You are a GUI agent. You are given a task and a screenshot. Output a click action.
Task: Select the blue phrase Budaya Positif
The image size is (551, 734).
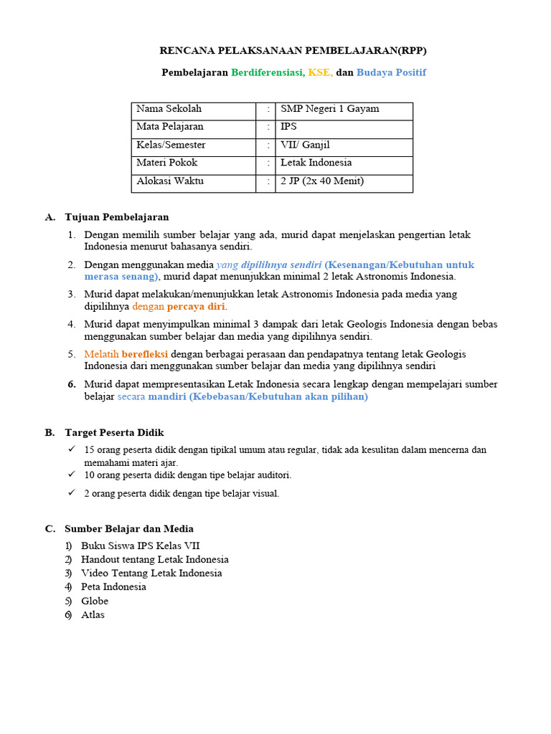point(391,72)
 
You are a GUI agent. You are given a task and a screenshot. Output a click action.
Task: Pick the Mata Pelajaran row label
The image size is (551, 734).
point(170,127)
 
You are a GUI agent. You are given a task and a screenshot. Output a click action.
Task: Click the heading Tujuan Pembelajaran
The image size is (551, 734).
point(117,216)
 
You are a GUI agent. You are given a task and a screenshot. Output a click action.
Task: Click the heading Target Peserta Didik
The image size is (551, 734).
point(114,432)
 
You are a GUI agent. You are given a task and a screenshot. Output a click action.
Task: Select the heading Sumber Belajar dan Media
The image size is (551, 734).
point(129,529)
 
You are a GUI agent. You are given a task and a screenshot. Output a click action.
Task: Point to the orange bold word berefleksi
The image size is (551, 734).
point(144,354)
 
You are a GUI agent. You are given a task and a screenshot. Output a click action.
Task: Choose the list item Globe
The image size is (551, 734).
point(95,601)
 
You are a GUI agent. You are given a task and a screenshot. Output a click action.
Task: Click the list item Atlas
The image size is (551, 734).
point(93,614)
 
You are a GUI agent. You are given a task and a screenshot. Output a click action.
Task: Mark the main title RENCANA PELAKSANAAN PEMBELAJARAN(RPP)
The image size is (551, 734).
point(296,51)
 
